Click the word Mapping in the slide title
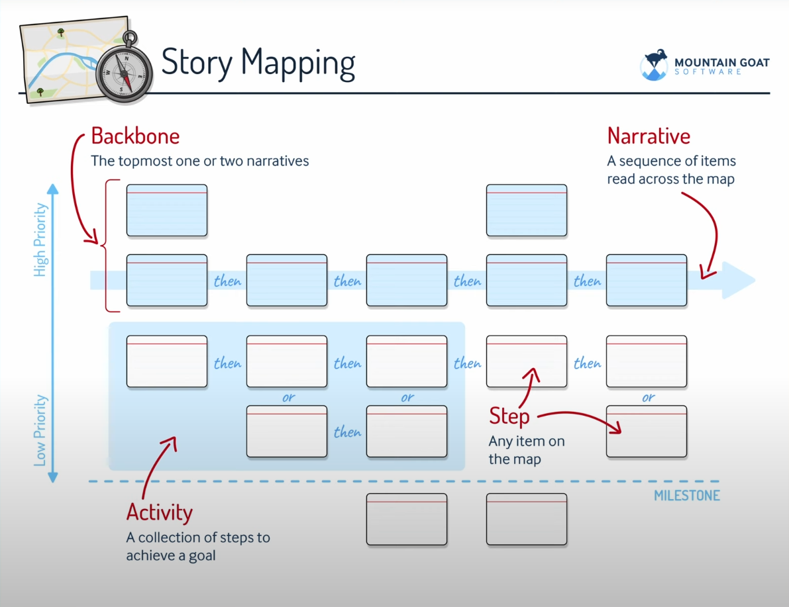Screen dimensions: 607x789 point(298,63)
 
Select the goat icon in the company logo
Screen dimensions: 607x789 point(655,66)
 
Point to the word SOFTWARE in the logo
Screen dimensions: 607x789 point(708,71)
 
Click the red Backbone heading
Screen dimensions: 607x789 point(135,136)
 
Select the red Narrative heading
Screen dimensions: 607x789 point(649,136)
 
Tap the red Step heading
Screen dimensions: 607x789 point(509,416)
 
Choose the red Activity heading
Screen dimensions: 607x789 point(159,512)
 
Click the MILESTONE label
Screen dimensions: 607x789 point(686,496)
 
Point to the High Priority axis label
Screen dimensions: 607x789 point(41,240)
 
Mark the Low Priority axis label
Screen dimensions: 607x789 point(41,430)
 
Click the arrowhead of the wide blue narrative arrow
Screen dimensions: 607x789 point(739,281)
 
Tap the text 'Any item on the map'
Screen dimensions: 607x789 point(526,450)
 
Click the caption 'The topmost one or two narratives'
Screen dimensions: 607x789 point(200,161)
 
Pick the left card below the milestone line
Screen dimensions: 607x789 point(406,519)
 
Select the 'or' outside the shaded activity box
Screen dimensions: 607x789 point(647,398)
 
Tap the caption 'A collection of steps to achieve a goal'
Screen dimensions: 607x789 point(198,546)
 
